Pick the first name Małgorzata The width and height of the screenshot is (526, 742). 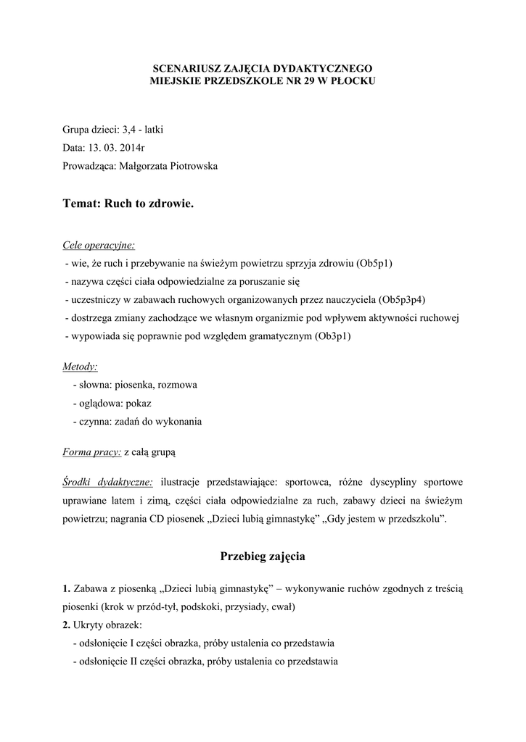139,167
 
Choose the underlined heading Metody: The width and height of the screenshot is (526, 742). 81,367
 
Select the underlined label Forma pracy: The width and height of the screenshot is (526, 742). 91,451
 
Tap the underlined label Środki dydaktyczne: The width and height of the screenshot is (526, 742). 107,481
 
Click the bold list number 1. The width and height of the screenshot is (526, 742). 66,588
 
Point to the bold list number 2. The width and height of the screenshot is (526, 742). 66,625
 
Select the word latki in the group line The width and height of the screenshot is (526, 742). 155,130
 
